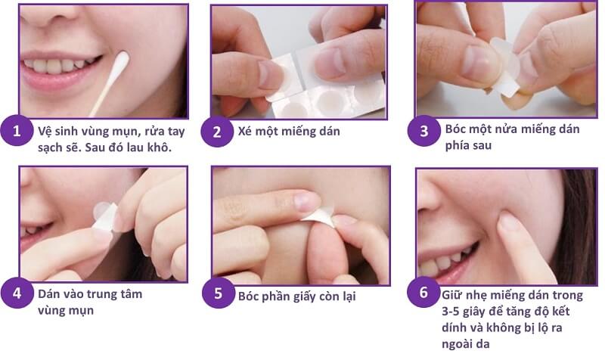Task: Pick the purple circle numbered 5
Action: (x=218, y=295)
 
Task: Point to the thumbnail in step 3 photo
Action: (x=476, y=64)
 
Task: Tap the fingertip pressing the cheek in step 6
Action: (x=509, y=222)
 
